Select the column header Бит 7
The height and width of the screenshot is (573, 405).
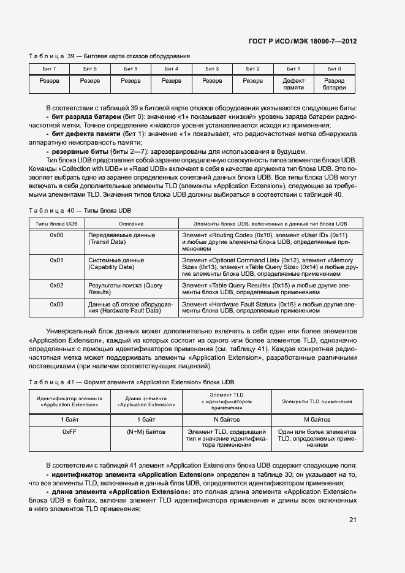click(50, 68)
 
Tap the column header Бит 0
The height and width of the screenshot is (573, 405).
click(334, 68)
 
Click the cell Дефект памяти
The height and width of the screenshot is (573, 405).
click(293, 84)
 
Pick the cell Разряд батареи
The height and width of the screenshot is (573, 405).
click(334, 84)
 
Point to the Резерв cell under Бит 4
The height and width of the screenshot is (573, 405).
click(172, 80)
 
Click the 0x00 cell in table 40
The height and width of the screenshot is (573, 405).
click(56, 235)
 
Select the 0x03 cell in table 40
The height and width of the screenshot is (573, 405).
click(56, 304)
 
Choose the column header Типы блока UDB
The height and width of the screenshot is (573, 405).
click(56, 224)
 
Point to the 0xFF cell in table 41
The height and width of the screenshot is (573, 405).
click(69, 431)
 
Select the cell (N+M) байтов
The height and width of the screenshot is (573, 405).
click(146, 431)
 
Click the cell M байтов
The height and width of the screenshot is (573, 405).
click(317, 420)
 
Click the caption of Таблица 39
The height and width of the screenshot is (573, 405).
click(109, 56)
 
